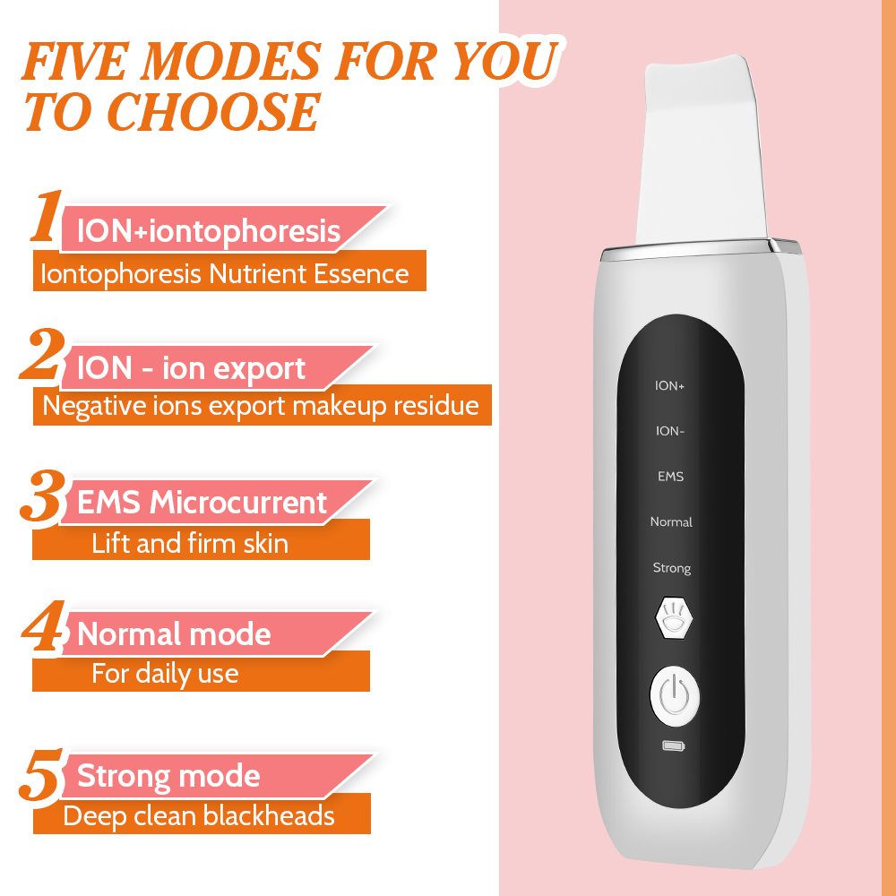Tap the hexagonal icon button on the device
[x=672, y=617]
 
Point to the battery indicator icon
[x=672, y=745]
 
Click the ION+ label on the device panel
[x=670, y=386]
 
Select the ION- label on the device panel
[x=670, y=431]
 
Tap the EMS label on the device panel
[x=670, y=477]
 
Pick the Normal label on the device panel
[x=671, y=522]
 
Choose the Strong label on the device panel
[x=671, y=568]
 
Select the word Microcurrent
[x=238, y=503]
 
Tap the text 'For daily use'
[x=165, y=673]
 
